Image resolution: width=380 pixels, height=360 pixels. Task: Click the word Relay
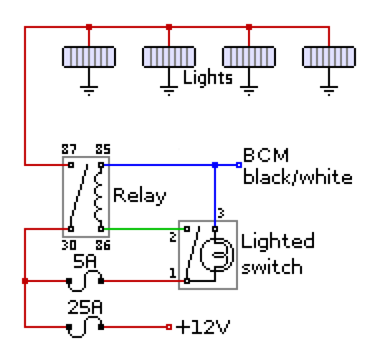click(x=140, y=195)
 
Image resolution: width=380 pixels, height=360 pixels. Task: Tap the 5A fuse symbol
click(x=85, y=282)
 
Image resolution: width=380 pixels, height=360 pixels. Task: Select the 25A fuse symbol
click(x=85, y=327)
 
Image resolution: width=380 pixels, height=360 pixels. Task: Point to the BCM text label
click(x=266, y=156)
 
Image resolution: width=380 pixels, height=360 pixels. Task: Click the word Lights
click(x=208, y=78)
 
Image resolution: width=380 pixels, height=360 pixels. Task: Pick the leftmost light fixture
click(x=89, y=56)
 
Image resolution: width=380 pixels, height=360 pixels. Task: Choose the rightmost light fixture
click(x=329, y=56)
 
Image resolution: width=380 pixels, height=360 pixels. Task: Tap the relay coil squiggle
click(x=100, y=197)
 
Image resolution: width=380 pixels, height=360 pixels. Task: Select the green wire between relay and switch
click(x=142, y=229)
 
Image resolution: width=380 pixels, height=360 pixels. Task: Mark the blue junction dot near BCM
click(x=215, y=165)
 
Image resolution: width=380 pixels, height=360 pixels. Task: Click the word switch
click(x=272, y=267)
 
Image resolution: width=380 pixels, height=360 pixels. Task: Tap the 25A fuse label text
click(x=85, y=309)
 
